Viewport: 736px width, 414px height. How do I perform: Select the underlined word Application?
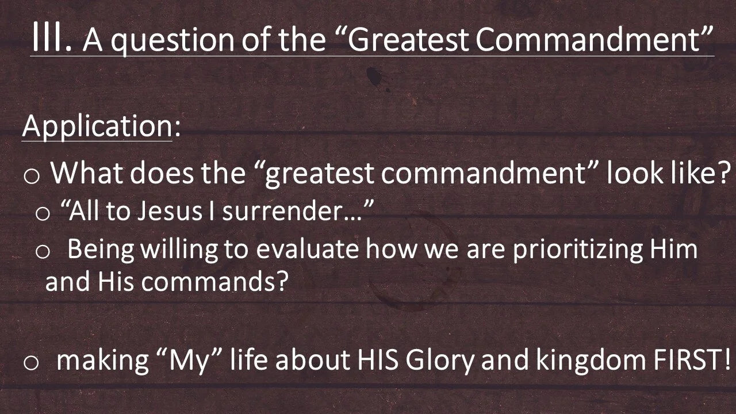(97, 126)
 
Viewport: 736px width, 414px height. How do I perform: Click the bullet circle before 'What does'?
(32, 177)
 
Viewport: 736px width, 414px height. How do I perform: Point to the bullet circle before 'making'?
(32, 362)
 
